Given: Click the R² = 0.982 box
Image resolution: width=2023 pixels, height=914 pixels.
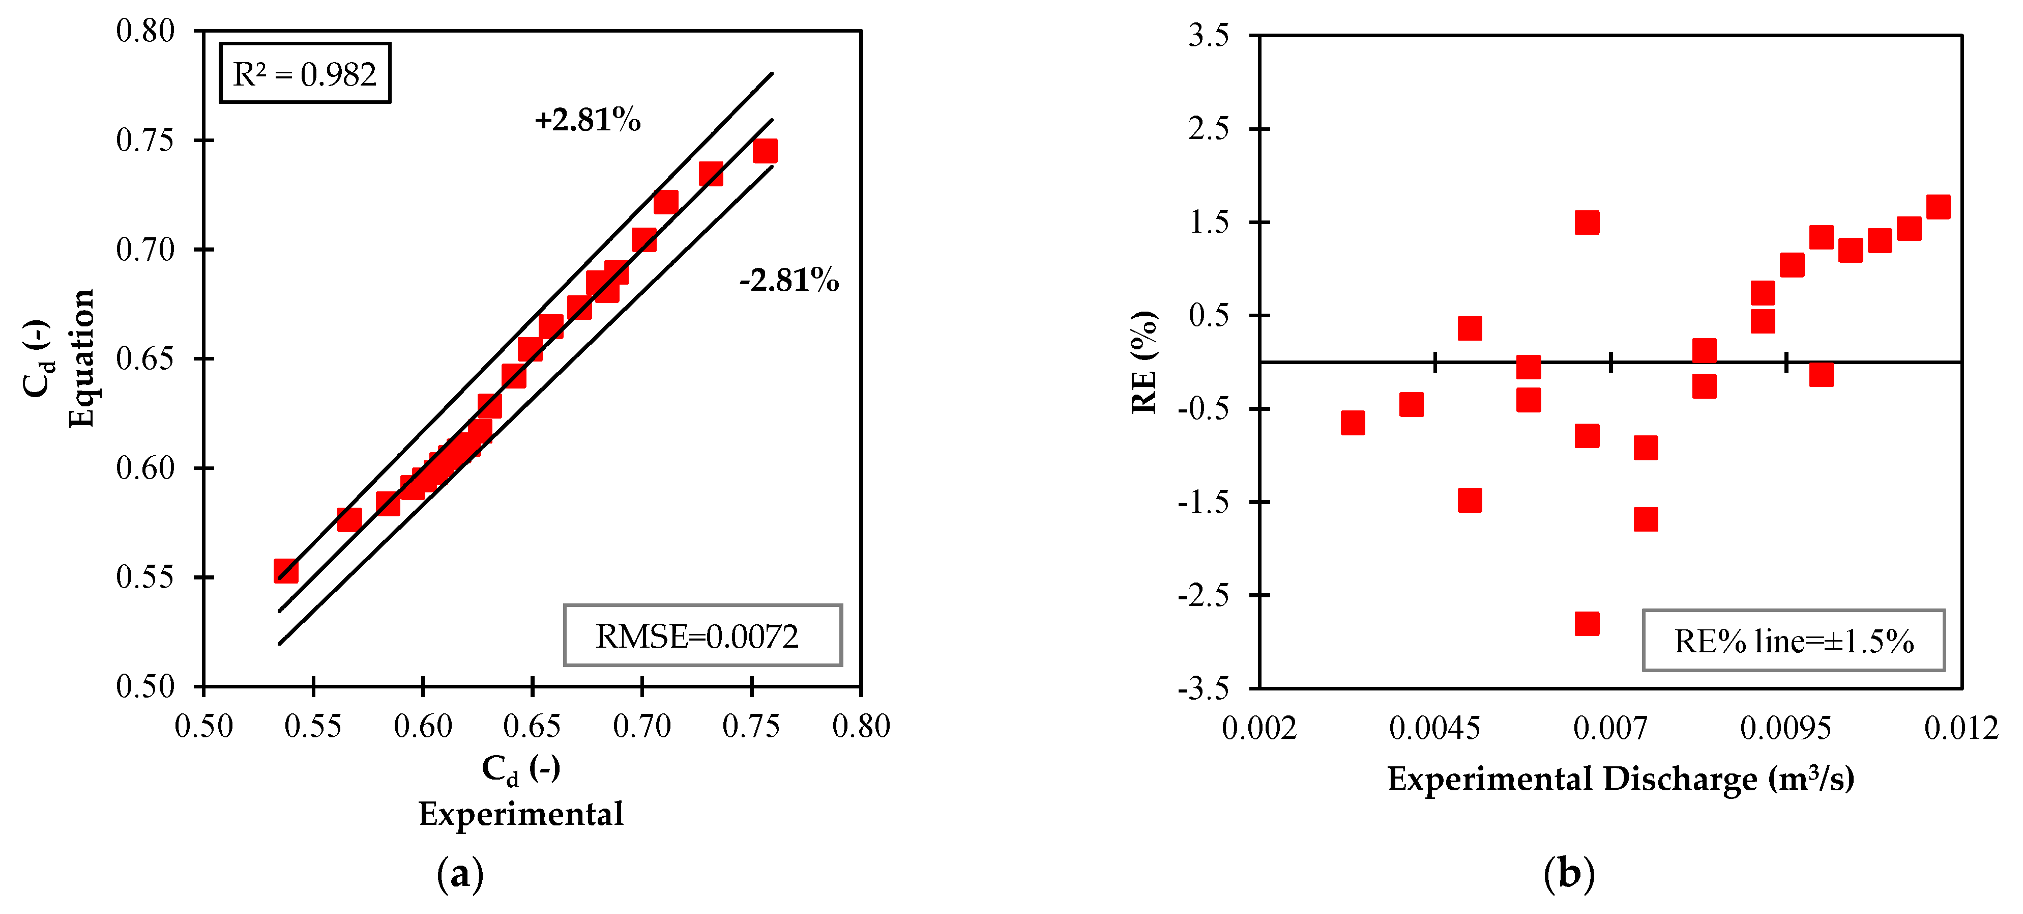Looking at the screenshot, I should pos(305,73).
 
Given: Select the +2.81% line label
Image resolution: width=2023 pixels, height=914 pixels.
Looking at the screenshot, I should pos(588,120).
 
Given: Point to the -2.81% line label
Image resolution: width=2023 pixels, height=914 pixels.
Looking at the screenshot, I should pos(788,280).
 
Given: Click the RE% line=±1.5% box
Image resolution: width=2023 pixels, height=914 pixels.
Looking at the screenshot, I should pos(1793,641).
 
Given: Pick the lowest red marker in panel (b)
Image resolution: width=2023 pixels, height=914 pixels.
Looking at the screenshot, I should pos(1587,623).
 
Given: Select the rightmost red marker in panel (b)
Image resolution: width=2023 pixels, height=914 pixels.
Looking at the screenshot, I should pos(1938,207).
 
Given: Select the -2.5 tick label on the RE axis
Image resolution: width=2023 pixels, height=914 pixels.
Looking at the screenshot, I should pos(1203,595).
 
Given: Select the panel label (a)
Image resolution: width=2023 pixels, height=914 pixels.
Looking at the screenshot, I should pos(460,874).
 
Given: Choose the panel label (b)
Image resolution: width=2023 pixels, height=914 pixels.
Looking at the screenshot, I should pos(1568,874).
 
